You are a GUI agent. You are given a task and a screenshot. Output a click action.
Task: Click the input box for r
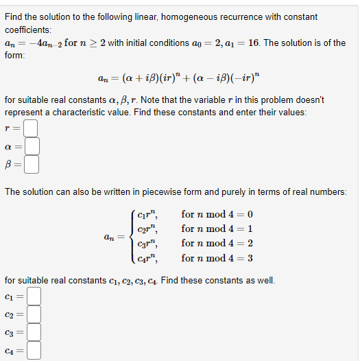[x=29, y=128]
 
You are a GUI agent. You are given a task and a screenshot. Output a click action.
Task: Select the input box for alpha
[x=32, y=146]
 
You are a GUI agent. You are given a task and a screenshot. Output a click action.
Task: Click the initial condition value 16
[x=254, y=43]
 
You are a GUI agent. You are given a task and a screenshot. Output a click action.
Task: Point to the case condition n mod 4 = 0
[x=217, y=214]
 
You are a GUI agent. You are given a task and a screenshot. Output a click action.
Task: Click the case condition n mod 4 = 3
[x=217, y=259]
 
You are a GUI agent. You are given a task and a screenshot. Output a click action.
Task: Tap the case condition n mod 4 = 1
[x=217, y=229]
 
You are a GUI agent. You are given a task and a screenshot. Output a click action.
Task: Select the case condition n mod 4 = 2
[x=217, y=244]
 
